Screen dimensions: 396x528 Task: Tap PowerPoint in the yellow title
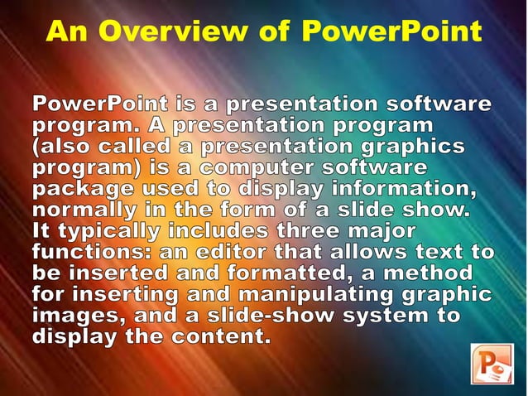[391, 31]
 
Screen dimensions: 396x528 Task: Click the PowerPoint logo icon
[492, 365]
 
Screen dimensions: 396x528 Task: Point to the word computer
[271, 168]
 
